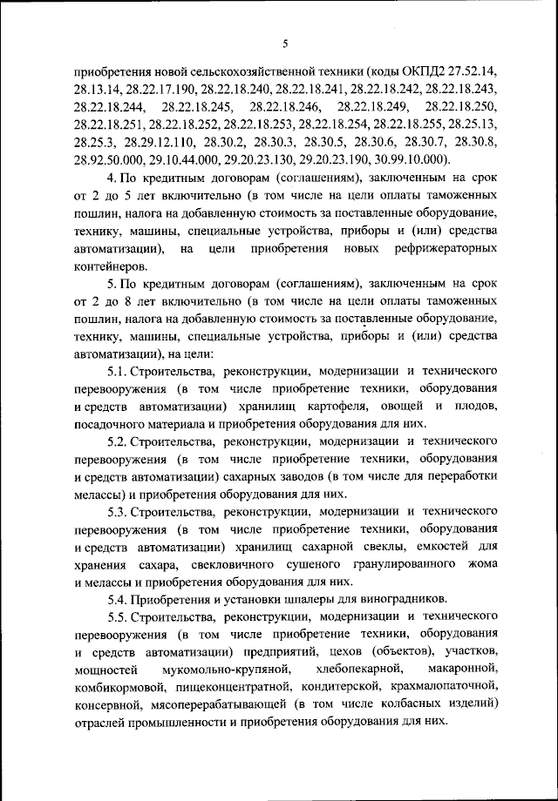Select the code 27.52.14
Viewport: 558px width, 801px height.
tap(472, 70)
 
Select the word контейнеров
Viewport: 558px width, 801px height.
tap(112, 266)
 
